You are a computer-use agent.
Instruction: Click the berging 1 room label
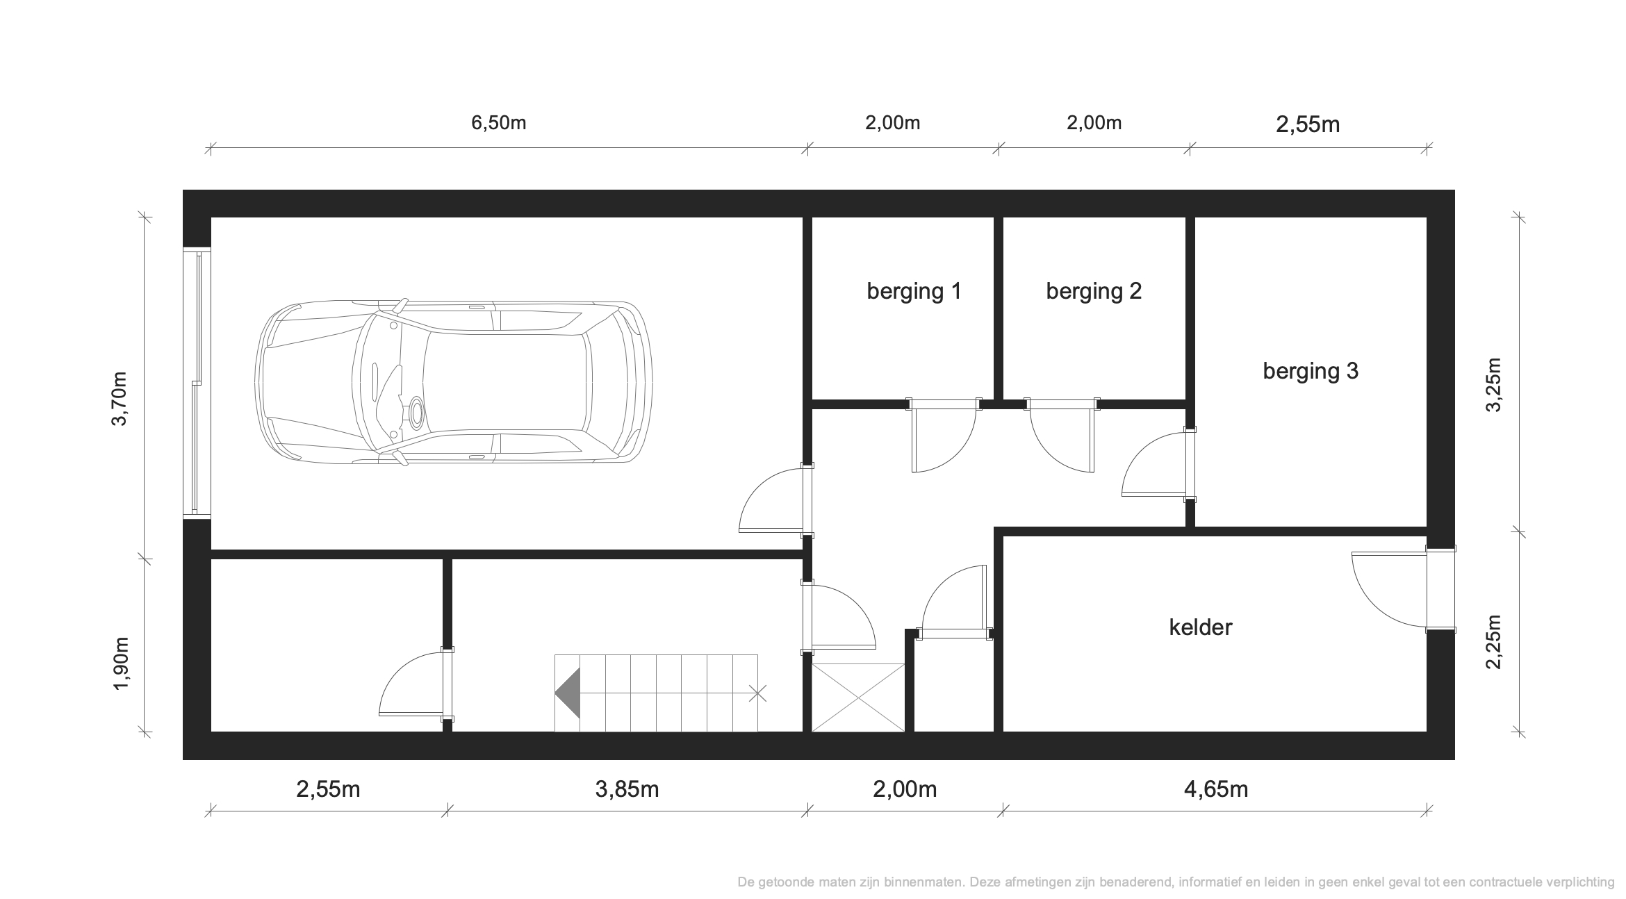coord(914,291)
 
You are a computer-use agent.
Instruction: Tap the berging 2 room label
coord(1094,291)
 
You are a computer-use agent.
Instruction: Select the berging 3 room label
coord(1311,371)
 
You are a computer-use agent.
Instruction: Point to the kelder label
coord(1201,627)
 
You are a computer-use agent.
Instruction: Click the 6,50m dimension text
coord(499,123)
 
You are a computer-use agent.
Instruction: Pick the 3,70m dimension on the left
coord(120,399)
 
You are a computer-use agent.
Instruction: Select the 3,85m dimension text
coord(627,790)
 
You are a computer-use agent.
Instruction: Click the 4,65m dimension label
coord(1216,790)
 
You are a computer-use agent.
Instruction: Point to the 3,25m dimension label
coord(1494,385)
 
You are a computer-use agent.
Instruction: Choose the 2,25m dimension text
coord(1494,642)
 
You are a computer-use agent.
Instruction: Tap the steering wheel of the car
coord(417,413)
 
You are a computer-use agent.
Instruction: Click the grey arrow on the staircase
coord(568,693)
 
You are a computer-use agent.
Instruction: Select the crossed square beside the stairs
coord(858,698)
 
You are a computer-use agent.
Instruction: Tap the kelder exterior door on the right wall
coord(1404,590)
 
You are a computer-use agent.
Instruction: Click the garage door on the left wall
coord(197,382)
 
